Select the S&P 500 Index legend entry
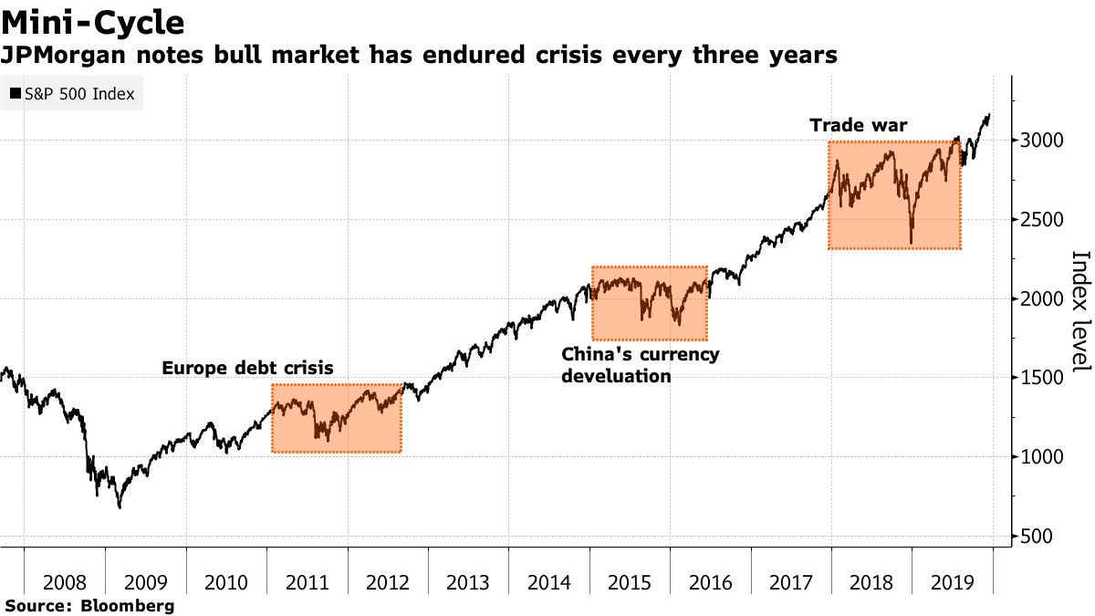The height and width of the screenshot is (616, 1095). pos(72,94)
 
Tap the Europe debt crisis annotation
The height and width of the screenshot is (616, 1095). pos(247,369)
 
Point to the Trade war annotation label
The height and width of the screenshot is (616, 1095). pos(859,125)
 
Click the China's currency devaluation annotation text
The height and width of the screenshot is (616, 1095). pos(641,364)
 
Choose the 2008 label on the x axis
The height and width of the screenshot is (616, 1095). pos(64,580)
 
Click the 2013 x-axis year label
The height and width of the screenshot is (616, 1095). pos(469,580)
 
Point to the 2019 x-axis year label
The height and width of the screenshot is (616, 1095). pos(953,580)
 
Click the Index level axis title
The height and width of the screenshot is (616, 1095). pos(1079,310)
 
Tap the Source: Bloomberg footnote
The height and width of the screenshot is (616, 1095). pos(89,605)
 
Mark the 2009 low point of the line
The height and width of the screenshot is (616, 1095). pos(119,507)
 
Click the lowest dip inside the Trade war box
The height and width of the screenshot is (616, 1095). pos(912,243)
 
